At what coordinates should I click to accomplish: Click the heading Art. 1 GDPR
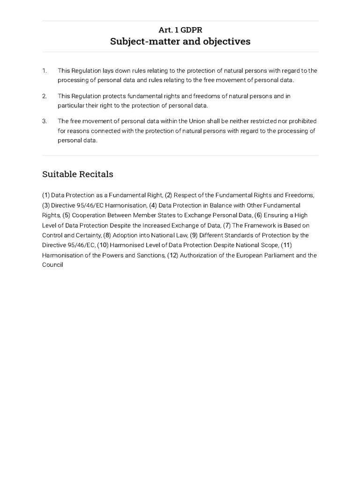180,30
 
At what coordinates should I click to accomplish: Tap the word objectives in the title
230,41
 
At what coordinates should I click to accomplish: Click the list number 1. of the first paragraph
45,71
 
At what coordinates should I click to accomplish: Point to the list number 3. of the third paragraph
45,121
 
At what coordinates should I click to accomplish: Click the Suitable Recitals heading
78,174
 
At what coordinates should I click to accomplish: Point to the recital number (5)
67,215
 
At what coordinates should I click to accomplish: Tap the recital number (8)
107,235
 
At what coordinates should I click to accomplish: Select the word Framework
257,225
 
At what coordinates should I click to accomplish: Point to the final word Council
52,265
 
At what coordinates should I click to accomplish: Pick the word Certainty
88,235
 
